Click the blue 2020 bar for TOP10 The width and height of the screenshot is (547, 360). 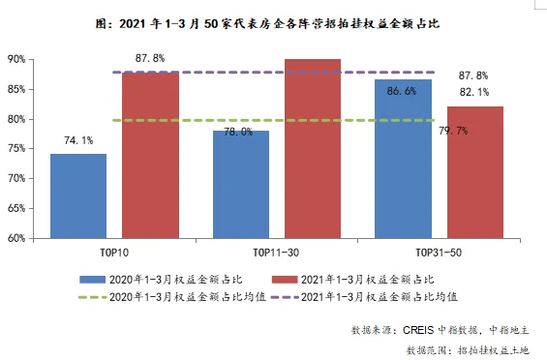78,195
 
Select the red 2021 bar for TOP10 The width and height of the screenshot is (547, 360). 150,155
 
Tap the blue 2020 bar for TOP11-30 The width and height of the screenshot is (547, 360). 240,184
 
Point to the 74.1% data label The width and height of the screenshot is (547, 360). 78,140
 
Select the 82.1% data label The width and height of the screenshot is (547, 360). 473,92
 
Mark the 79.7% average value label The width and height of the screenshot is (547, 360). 454,131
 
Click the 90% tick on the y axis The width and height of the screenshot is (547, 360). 15,59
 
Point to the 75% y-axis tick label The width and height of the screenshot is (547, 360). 15,148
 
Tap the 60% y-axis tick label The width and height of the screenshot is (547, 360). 15,237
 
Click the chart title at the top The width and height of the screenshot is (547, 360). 274,19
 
